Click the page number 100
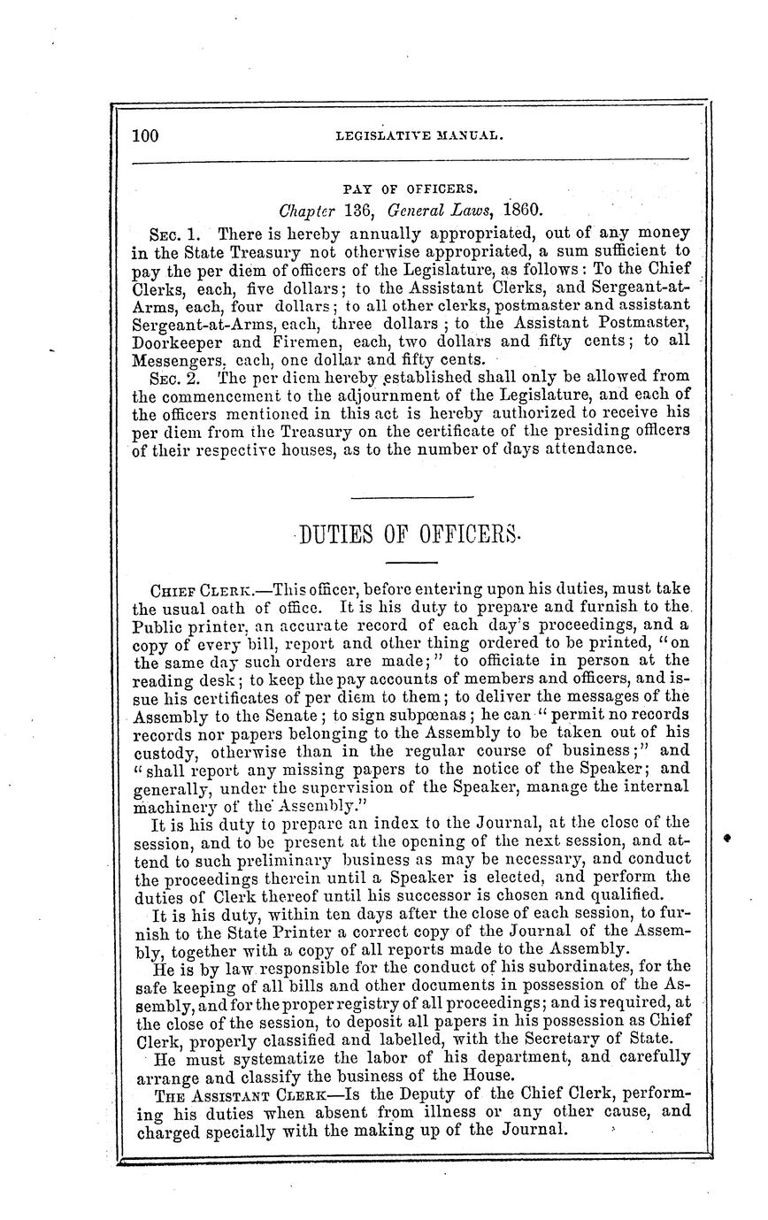click(143, 135)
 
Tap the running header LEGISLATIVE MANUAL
click(420, 136)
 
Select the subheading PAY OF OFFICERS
click(410, 188)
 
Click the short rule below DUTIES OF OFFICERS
click(407, 564)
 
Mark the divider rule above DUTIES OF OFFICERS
click(410, 495)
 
